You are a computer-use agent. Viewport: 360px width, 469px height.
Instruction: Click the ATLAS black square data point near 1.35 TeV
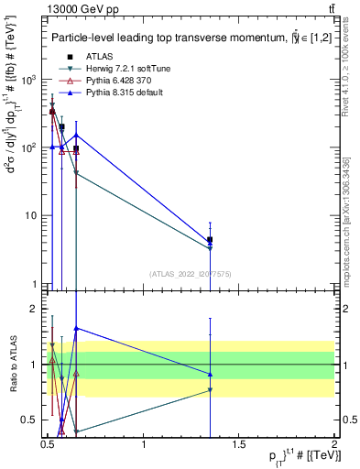211,239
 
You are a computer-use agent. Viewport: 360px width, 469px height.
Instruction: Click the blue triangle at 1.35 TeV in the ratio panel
211,374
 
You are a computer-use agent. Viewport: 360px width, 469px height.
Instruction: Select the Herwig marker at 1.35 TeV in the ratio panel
211,390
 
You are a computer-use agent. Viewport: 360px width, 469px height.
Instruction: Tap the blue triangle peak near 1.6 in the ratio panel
76,328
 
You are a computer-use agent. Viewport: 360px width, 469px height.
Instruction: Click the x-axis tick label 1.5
239,443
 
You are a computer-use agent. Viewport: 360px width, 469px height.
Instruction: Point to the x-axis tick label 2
333,443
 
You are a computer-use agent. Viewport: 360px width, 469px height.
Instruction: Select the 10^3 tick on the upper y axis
29,80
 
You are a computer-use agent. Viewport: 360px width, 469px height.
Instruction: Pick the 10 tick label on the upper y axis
32,216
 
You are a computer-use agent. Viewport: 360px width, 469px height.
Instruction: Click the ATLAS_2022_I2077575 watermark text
190,274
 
